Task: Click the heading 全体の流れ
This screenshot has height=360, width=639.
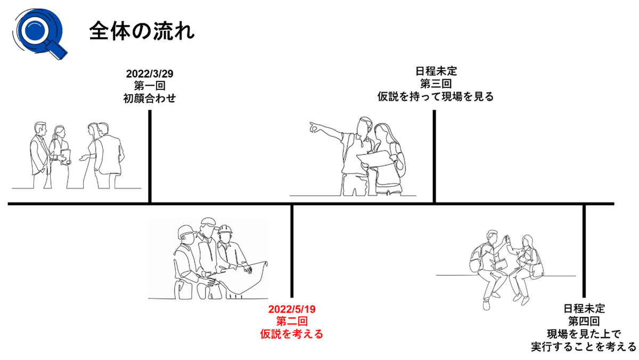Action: tap(142, 31)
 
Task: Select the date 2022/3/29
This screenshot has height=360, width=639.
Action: tap(150, 73)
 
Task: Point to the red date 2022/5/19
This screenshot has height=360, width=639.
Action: tap(292, 309)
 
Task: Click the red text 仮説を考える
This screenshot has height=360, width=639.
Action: tap(292, 334)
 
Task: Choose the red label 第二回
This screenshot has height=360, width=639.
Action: tap(292, 322)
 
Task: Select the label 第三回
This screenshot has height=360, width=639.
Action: tap(434, 84)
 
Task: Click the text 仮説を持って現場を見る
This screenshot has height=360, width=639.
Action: tap(434, 97)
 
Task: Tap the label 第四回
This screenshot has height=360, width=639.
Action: tap(584, 321)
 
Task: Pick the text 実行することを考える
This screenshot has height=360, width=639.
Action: tap(584, 347)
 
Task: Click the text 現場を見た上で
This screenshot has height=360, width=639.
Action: tap(584, 334)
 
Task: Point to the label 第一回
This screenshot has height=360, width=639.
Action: tap(150, 86)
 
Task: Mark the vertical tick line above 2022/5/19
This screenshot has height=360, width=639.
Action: tap(292, 250)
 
